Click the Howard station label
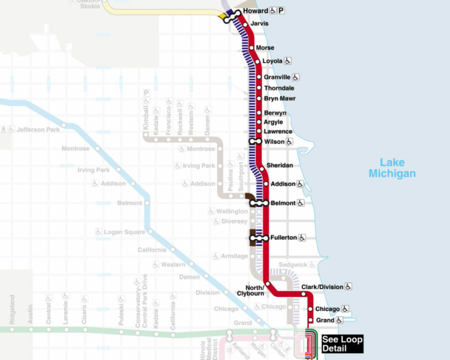point(256,11)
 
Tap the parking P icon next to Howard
point(281,11)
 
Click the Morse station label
point(265,48)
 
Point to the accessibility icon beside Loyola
point(288,61)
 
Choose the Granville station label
point(277,77)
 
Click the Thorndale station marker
point(259,88)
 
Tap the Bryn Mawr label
point(280,98)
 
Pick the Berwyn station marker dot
point(259,113)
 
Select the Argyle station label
point(273,122)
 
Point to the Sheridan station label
point(280,165)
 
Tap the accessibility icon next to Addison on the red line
point(300,184)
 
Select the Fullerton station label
point(284,238)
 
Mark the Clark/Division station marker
point(304,294)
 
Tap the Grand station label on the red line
point(325,320)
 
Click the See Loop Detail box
point(342,344)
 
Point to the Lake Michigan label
point(392,168)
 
